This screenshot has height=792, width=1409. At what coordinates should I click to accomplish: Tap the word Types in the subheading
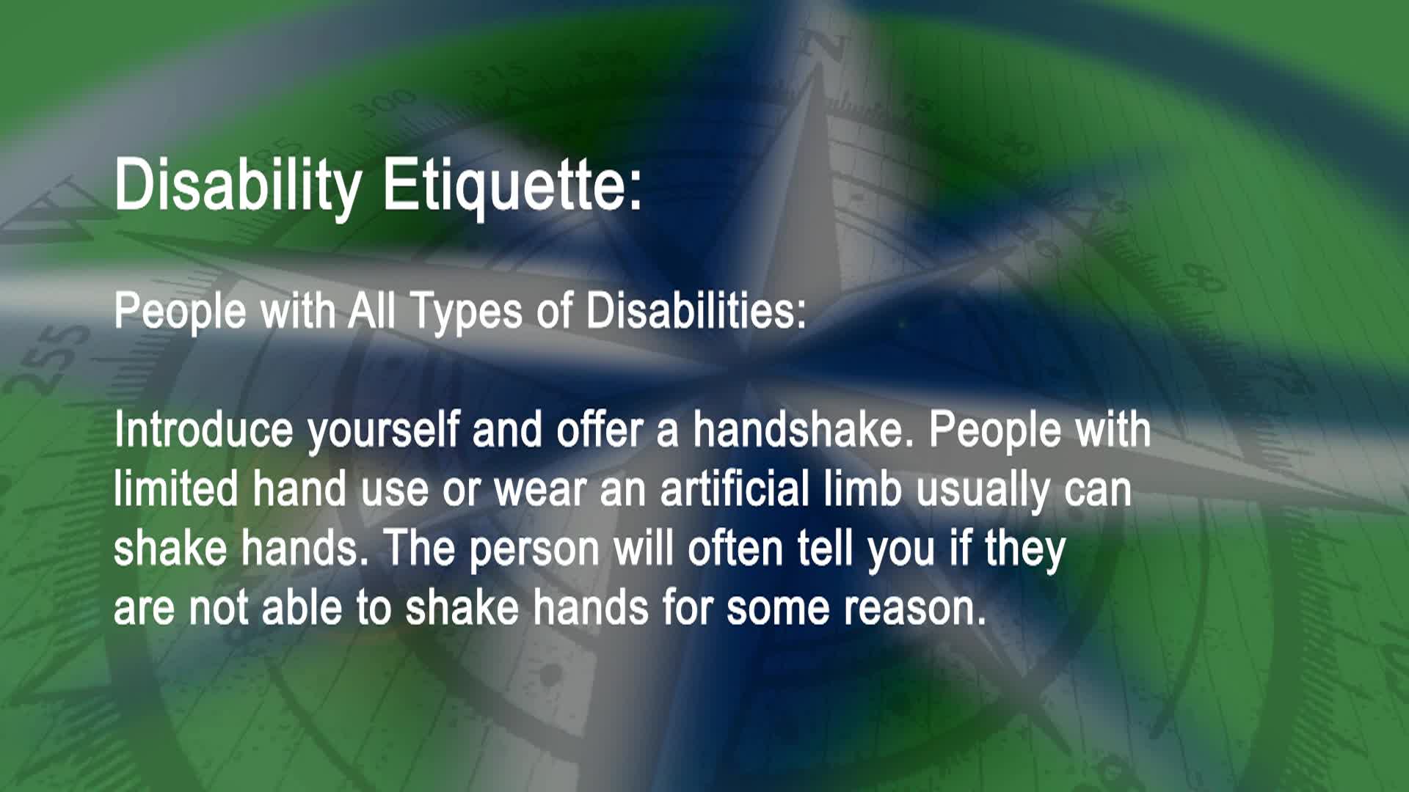pyautogui.click(x=465, y=311)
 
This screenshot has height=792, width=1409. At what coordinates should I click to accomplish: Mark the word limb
pyautogui.click(x=862, y=489)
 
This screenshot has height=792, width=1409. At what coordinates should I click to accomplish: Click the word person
pyautogui.click(x=534, y=550)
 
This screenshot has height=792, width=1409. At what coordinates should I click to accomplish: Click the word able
pyautogui.click(x=302, y=609)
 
